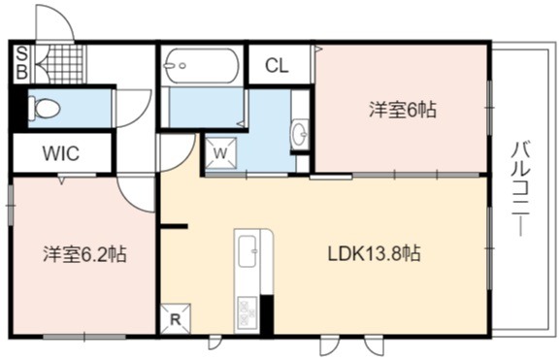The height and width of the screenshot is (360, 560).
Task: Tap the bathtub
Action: click(x=202, y=65)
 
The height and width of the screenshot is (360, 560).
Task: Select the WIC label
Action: click(x=61, y=153)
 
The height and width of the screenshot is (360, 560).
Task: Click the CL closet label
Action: click(x=277, y=65)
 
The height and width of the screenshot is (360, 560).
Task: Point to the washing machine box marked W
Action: click(x=220, y=152)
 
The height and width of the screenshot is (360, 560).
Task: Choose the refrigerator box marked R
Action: click(x=176, y=319)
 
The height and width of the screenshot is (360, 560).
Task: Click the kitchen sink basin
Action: click(x=247, y=251)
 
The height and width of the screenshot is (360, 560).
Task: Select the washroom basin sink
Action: click(x=300, y=134)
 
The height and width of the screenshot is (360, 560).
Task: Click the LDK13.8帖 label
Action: click(x=375, y=254)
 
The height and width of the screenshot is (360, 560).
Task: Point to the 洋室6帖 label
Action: click(x=403, y=110)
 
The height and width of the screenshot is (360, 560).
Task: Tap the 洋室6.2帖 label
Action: click(x=85, y=254)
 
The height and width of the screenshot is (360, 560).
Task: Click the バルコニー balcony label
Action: click(x=521, y=189)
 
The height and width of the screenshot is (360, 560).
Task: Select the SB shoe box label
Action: click(x=21, y=64)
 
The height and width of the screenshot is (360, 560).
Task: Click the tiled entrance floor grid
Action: click(x=67, y=64)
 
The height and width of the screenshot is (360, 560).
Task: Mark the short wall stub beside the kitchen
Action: click(x=174, y=226)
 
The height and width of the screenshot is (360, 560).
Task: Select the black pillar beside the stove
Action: click(x=267, y=314)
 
